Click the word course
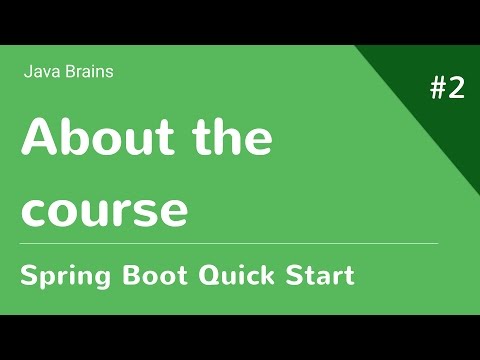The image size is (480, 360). point(106,211)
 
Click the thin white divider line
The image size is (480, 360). point(230,243)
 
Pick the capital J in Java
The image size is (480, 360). point(26,72)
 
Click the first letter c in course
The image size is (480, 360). point(35,212)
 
